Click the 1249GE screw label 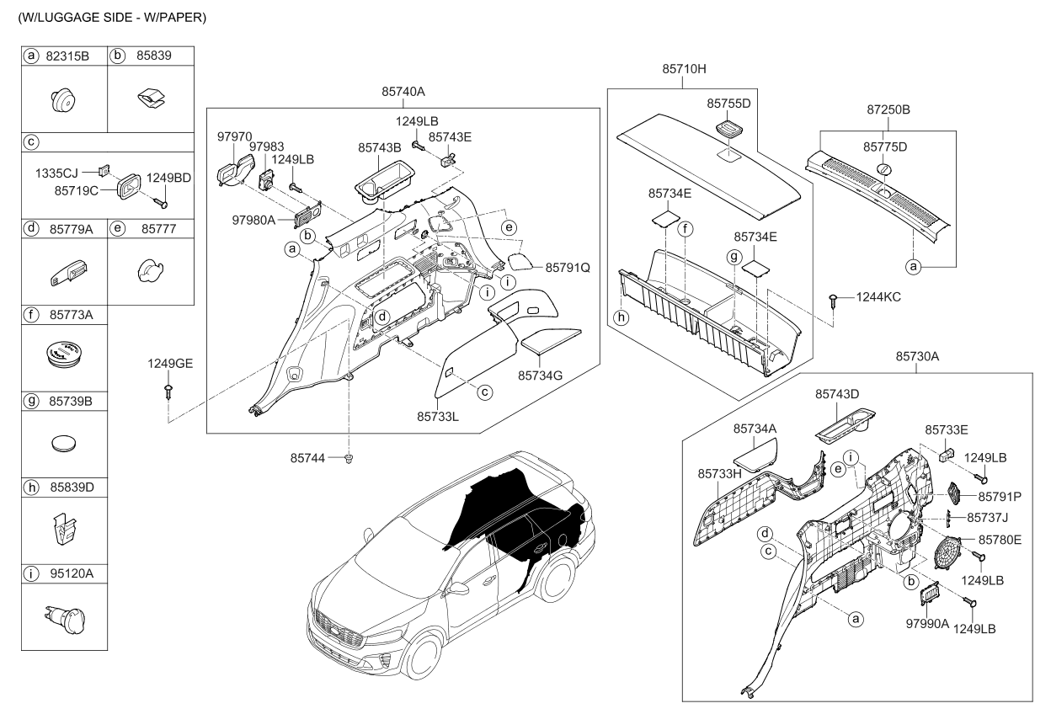pos(171,363)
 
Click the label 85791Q pos(568,267)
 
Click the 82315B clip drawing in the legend pos(65,101)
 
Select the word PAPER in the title pos(181,17)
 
